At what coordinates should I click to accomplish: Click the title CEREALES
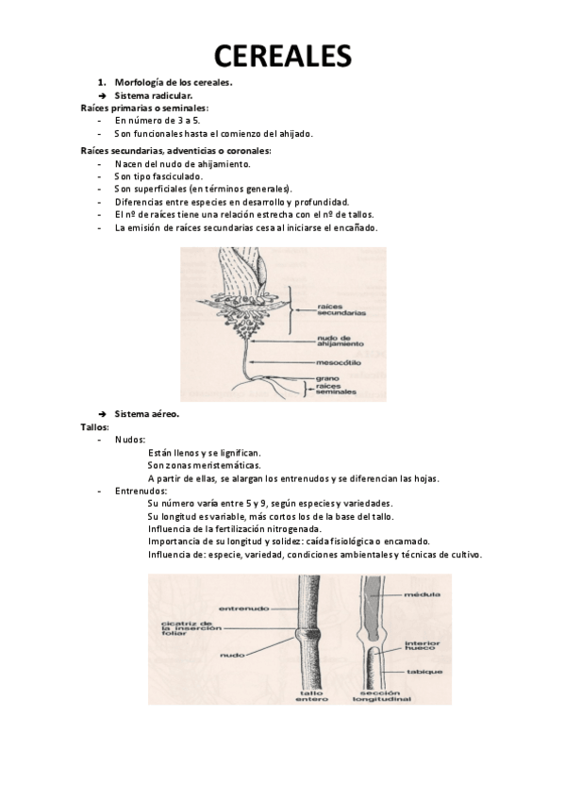tap(283, 56)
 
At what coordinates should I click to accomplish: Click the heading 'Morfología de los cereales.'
tap(174, 83)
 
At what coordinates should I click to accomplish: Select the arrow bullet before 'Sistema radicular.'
tap(102, 96)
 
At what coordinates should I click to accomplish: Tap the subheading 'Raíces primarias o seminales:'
tap(145, 108)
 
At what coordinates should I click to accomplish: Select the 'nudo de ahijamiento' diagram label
tap(341, 341)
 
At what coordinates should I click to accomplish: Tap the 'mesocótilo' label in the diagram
tap(338, 363)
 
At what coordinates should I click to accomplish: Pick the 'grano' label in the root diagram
tap(327, 378)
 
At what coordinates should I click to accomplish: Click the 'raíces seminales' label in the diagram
tap(336, 389)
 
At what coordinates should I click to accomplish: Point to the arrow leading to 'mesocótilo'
tap(282, 363)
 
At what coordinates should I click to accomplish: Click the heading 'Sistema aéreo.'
tap(147, 414)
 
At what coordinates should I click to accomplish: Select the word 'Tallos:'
tap(95, 427)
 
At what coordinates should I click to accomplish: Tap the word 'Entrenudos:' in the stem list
tap(141, 492)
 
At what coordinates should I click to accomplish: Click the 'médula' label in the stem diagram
tap(422, 594)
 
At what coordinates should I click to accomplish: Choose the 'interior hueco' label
tap(420, 645)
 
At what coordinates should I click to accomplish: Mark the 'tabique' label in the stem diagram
tap(424, 672)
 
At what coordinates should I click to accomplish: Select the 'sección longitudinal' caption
tap(381, 696)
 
